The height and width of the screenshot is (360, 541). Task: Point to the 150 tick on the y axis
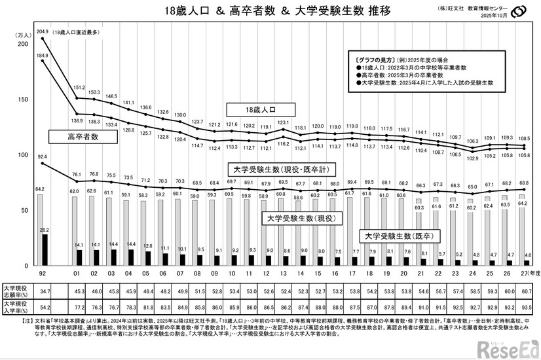[x=24, y=99]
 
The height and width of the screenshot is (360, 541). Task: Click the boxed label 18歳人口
[x=261, y=109]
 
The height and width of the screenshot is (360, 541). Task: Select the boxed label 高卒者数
[x=82, y=137]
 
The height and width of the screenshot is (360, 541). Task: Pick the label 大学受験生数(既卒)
[x=400, y=235]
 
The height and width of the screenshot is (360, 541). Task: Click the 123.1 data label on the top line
[x=283, y=122]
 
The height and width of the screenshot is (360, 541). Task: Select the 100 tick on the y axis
[x=24, y=155]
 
